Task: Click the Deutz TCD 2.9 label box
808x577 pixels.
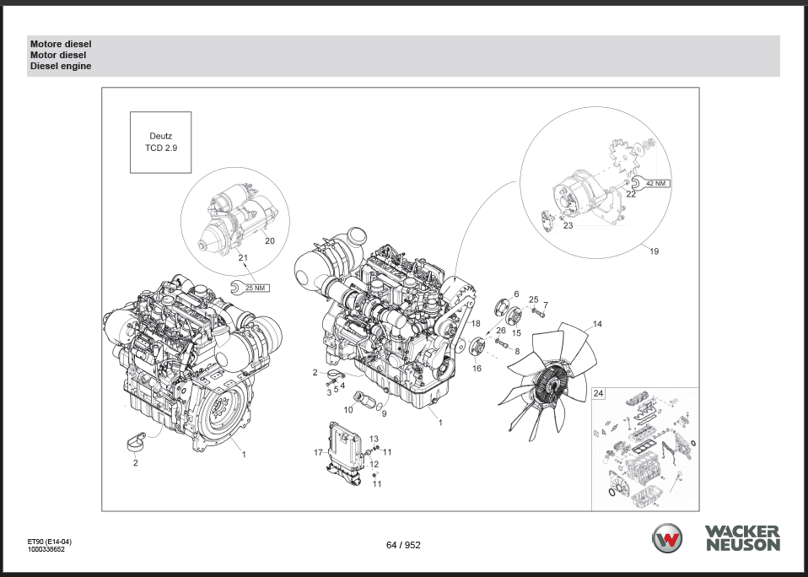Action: [160, 141]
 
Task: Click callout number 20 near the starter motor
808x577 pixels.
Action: [270, 240]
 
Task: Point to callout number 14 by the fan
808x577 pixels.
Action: [597, 324]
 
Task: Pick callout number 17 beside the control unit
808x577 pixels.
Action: [318, 453]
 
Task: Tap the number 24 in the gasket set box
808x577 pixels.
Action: [599, 394]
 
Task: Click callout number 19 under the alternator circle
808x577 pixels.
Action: [654, 251]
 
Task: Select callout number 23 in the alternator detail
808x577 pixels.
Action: [568, 225]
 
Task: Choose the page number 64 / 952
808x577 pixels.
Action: [403, 545]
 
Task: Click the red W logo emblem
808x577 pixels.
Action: [671, 538]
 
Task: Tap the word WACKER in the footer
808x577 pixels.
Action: [743, 531]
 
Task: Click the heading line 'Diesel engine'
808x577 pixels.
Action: [61, 66]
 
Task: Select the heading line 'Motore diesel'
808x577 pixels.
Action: [61, 44]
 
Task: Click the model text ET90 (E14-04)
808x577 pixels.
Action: [48, 542]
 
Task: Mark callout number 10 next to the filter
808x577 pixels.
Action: [347, 409]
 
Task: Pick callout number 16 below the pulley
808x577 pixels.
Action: [477, 369]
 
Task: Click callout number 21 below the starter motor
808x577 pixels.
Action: [242, 257]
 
